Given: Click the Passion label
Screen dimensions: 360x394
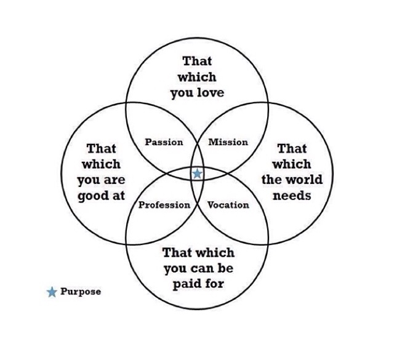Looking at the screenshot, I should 164,142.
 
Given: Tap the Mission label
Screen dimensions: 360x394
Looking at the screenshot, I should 228,142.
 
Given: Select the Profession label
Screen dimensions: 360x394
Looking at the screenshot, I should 164,205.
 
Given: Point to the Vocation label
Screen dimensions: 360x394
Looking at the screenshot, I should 228,205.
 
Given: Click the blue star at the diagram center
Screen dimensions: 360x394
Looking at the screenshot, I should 197,174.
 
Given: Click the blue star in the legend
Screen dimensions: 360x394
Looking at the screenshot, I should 52,292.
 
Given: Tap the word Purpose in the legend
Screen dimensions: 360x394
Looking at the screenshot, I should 81,292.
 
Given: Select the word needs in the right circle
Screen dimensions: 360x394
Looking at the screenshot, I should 292,196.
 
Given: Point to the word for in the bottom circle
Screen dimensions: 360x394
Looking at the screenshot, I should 213,284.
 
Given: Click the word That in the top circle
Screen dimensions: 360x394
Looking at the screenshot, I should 197,61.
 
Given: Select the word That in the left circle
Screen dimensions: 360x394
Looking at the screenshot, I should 102,148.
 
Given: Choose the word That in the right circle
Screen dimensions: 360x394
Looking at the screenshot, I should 292,148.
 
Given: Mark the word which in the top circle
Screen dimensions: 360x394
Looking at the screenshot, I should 197,78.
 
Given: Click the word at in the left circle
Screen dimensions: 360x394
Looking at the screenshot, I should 118,196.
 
